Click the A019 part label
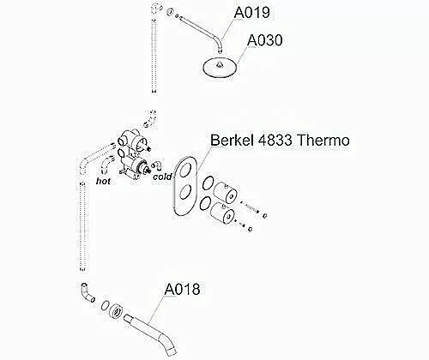251,13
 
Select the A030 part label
265,40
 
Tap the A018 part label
182,290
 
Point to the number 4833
275,141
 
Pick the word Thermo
323,141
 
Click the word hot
103,181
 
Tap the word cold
162,177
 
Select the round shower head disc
221,68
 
